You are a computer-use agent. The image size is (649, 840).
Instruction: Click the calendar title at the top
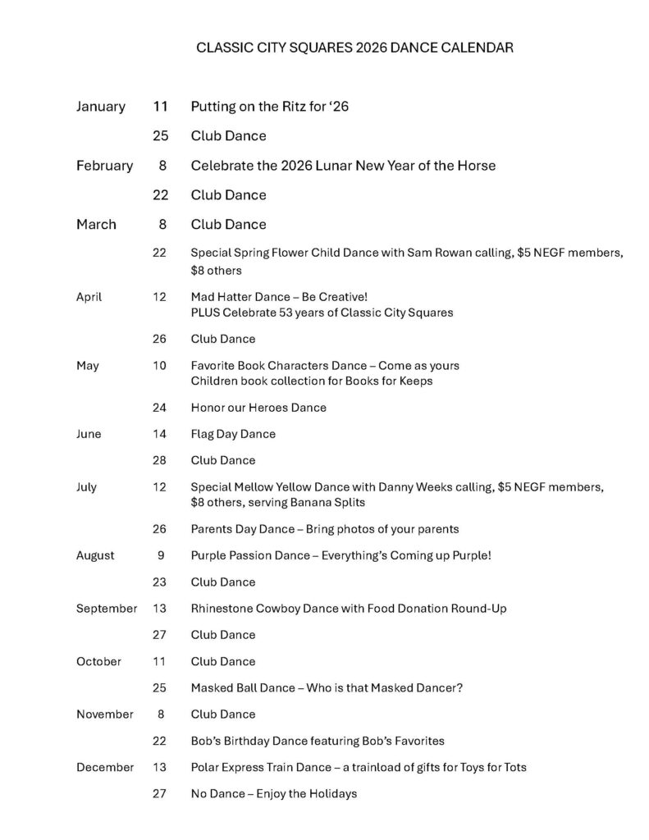355,48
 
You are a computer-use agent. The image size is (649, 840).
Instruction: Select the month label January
100,107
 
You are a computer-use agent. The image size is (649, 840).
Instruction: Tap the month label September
107,609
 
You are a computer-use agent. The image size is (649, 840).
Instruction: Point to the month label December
105,767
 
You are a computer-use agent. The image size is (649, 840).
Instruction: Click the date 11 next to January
160,107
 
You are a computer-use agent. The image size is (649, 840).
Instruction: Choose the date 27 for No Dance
160,793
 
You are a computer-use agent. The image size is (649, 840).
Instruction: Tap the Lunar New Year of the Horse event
343,166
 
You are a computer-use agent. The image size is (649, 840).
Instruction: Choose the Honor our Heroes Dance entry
258,408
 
